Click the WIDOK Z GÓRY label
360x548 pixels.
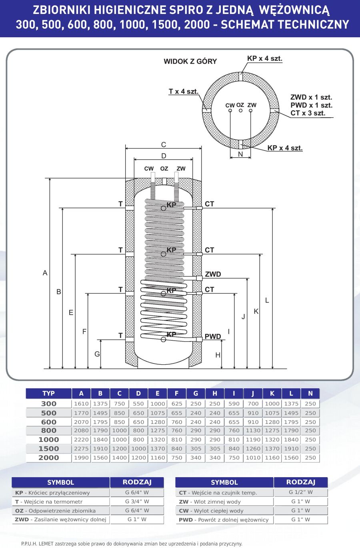(x=190, y=61)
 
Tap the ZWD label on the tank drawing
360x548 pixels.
(x=213, y=274)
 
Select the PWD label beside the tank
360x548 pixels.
(x=213, y=336)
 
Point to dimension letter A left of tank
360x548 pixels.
(x=45, y=273)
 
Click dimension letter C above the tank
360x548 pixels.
(x=164, y=145)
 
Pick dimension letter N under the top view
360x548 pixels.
(x=240, y=154)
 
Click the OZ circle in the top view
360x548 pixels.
(x=241, y=110)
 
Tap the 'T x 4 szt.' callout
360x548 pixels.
(x=184, y=92)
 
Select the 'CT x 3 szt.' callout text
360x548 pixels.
(x=308, y=113)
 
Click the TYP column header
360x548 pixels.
(x=48, y=393)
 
